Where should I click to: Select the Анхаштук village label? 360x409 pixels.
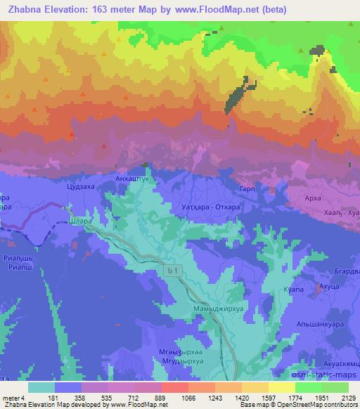[131, 179]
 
